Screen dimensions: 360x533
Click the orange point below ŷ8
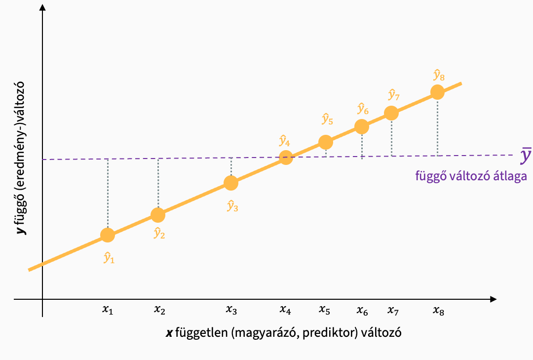tap(437, 92)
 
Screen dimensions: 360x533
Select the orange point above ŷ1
tap(108, 235)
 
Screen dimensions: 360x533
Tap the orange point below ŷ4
tap(286, 158)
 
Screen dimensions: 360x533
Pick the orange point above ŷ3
tap(231, 183)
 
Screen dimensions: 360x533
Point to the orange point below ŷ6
tap(362, 127)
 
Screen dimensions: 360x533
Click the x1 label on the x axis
tap(108, 310)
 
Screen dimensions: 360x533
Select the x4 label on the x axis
tap(285, 310)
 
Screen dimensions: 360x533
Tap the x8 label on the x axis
tap(438, 310)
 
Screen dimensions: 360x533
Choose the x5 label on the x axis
tap(324, 310)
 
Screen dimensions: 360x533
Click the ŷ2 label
tap(159, 233)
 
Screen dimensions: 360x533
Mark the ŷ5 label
tap(327, 119)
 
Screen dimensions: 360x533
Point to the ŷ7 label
tap(393, 94)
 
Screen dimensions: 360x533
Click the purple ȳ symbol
tap(526, 157)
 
